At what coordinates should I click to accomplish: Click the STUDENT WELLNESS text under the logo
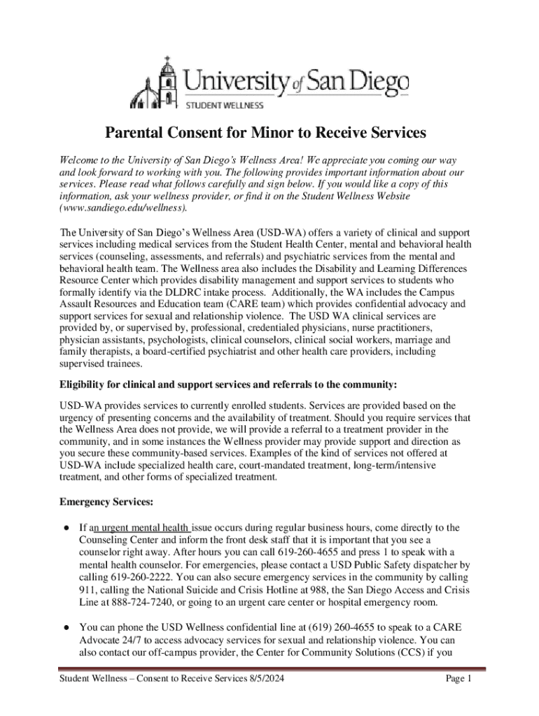click(224, 106)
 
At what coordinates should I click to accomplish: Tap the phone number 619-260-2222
click(143, 578)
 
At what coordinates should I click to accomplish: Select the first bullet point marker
click(64, 528)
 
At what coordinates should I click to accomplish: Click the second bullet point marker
click(64, 628)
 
